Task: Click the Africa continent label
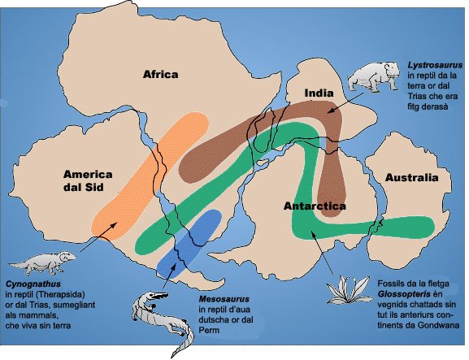(160, 75)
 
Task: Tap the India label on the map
(318, 94)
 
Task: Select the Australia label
(411, 178)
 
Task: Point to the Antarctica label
(315, 206)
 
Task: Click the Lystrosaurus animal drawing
(372, 77)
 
